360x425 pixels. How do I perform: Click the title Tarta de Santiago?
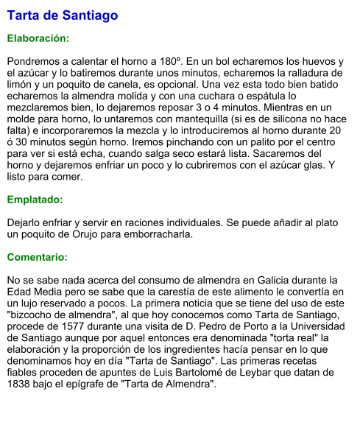click(x=62, y=15)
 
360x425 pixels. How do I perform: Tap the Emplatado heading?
click(x=35, y=200)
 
